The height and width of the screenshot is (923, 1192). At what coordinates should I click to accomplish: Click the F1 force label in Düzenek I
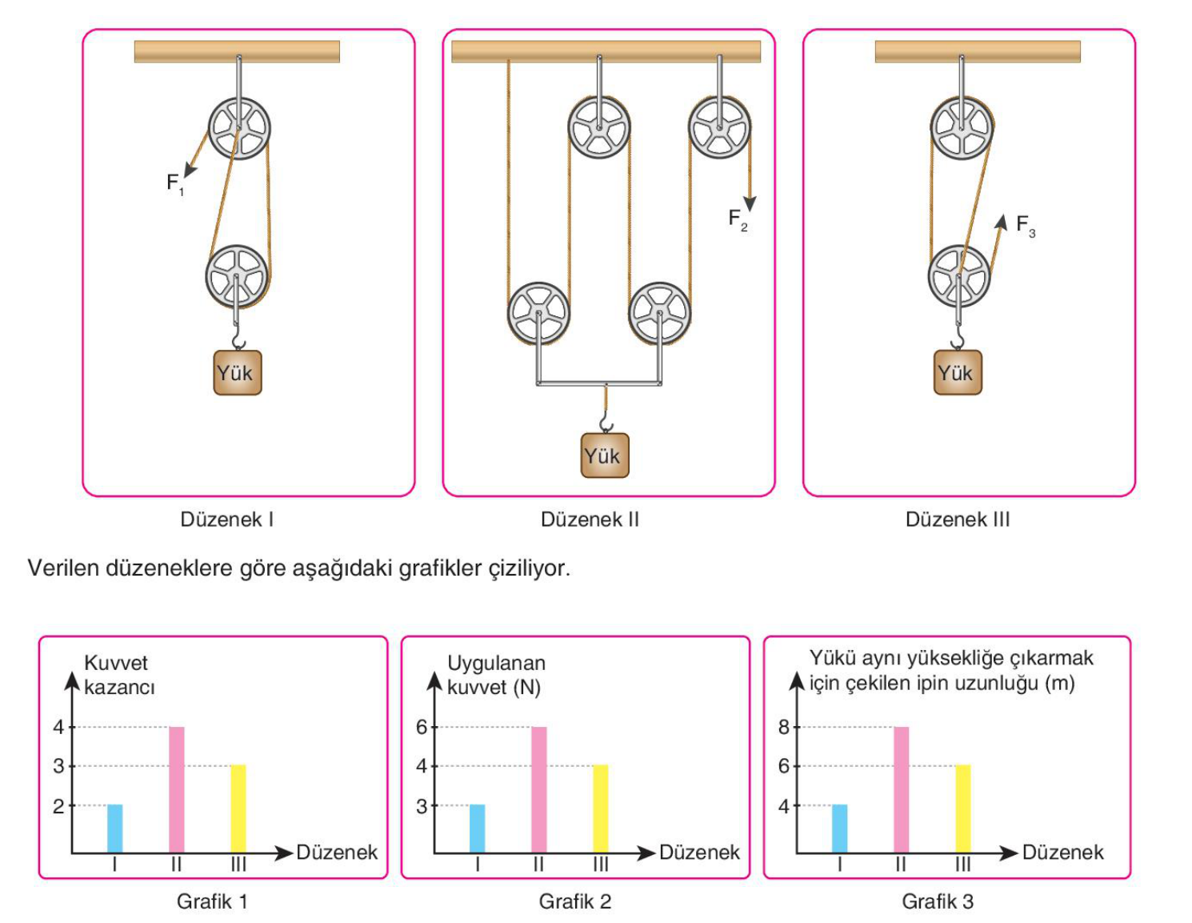pyautogui.click(x=175, y=184)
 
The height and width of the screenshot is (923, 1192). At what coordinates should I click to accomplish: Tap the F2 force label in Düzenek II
pyautogui.click(x=738, y=220)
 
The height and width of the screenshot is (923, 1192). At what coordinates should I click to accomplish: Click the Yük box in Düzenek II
pyautogui.click(x=605, y=455)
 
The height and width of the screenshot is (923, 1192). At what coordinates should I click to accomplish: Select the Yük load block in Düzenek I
pyautogui.click(x=238, y=372)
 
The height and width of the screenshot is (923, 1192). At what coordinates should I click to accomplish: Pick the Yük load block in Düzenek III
pyautogui.click(x=958, y=372)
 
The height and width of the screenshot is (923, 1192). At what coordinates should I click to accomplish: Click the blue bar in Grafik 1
pyautogui.click(x=114, y=829)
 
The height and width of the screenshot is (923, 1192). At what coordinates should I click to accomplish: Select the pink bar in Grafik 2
pyautogui.click(x=538, y=789)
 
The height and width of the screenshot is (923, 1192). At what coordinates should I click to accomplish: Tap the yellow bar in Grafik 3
pyautogui.click(x=962, y=809)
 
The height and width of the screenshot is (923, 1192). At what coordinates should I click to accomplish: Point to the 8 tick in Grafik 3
pyautogui.click(x=784, y=728)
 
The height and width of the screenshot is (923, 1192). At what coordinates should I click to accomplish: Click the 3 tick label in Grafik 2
pyautogui.click(x=422, y=806)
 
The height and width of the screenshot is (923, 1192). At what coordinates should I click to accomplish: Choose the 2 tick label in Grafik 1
pyautogui.click(x=58, y=806)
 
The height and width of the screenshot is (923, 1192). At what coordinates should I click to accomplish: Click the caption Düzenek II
pyautogui.click(x=590, y=519)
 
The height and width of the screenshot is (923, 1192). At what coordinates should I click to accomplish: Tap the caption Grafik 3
pyautogui.click(x=938, y=901)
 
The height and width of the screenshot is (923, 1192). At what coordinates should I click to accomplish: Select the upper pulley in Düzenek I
pyautogui.click(x=239, y=128)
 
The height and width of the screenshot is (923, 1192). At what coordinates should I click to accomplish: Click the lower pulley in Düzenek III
pyautogui.click(x=959, y=275)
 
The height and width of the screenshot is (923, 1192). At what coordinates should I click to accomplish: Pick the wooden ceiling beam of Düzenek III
pyautogui.click(x=978, y=51)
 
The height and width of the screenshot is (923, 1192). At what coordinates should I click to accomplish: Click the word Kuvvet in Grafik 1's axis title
pyautogui.click(x=116, y=663)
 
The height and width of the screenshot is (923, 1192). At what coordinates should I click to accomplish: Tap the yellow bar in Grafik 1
pyautogui.click(x=238, y=809)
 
